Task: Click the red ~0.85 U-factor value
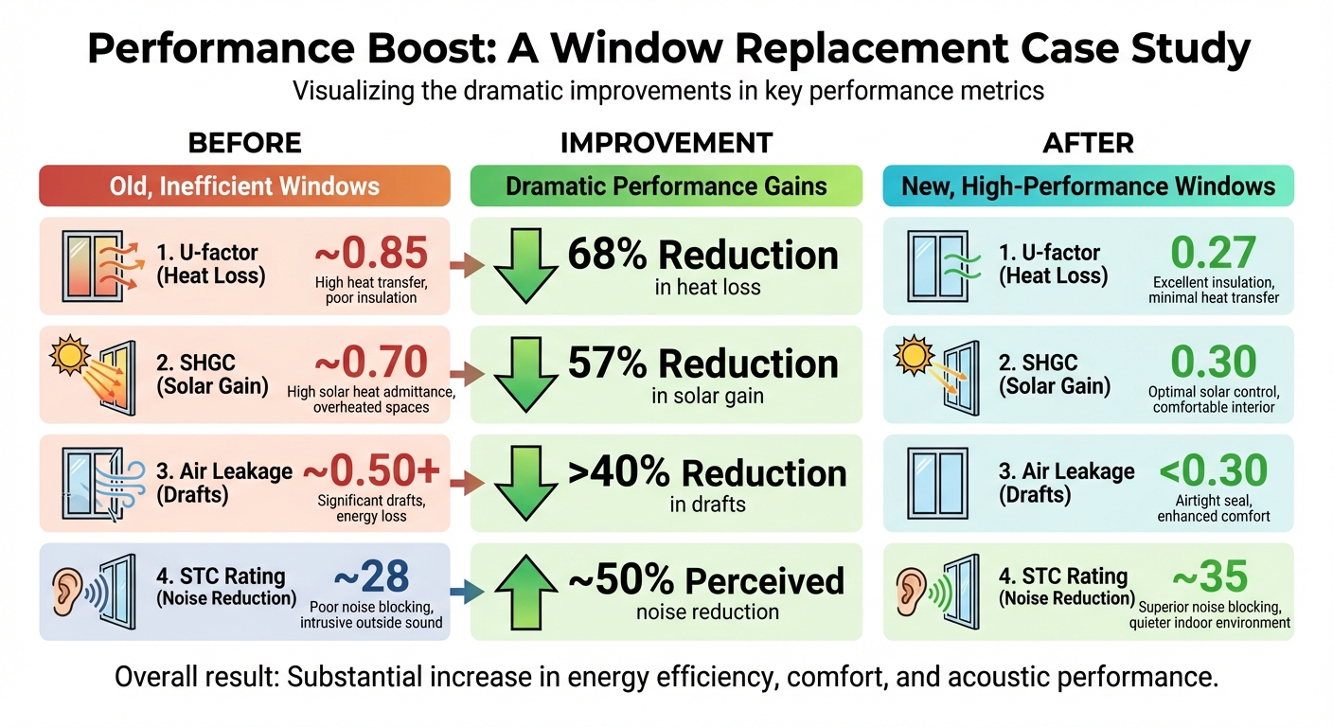pyautogui.click(x=371, y=253)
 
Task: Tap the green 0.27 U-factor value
pyautogui.click(x=1213, y=253)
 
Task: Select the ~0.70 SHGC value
pyautogui.click(x=371, y=362)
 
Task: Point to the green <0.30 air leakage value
pyautogui.click(x=1213, y=470)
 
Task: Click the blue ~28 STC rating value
pyautogui.click(x=371, y=576)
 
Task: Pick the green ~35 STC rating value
pyautogui.click(x=1210, y=576)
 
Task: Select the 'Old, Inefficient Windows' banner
pyautogui.click(x=244, y=186)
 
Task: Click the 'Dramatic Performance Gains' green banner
pyautogui.click(x=666, y=186)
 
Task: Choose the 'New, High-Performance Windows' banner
pyautogui.click(x=1088, y=186)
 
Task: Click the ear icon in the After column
pyautogui.click(x=912, y=590)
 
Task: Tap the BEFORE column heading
pyautogui.click(x=244, y=143)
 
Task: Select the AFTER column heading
pyautogui.click(x=1088, y=143)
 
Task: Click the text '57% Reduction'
pyautogui.click(x=702, y=364)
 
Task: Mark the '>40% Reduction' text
pyautogui.click(x=706, y=473)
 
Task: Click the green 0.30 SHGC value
pyautogui.click(x=1213, y=362)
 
